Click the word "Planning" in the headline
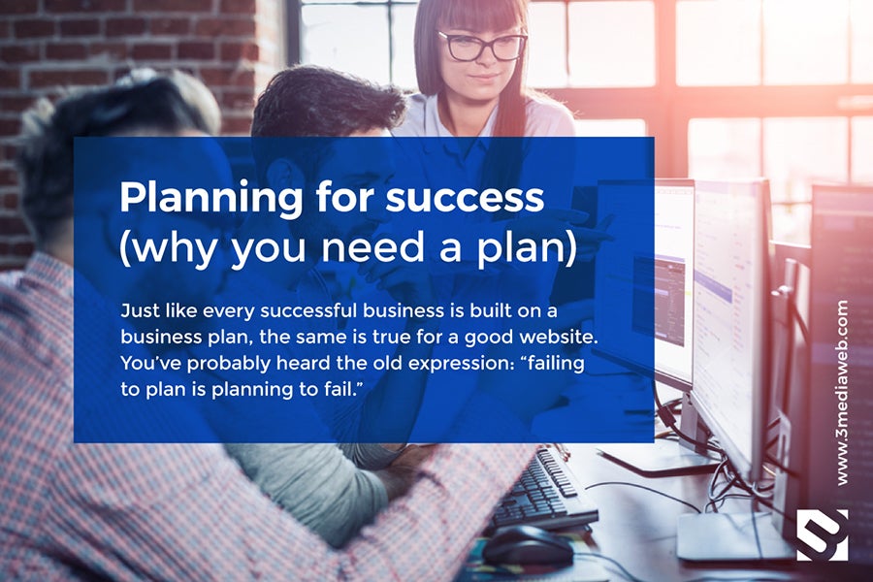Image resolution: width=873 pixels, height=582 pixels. [211, 199]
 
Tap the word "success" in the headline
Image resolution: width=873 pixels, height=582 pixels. [465, 198]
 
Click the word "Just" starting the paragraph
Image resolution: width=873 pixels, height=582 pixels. [140, 310]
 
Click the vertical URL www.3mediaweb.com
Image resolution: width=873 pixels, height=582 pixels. [842, 393]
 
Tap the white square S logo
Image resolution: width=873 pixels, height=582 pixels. [823, 534]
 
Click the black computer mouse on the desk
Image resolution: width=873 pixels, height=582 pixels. [527, 546]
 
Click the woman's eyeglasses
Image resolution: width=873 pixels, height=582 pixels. [481, 46]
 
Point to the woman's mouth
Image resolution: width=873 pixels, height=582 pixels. [483, 78]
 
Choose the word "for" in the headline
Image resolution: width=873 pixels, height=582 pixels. [344, 198]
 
